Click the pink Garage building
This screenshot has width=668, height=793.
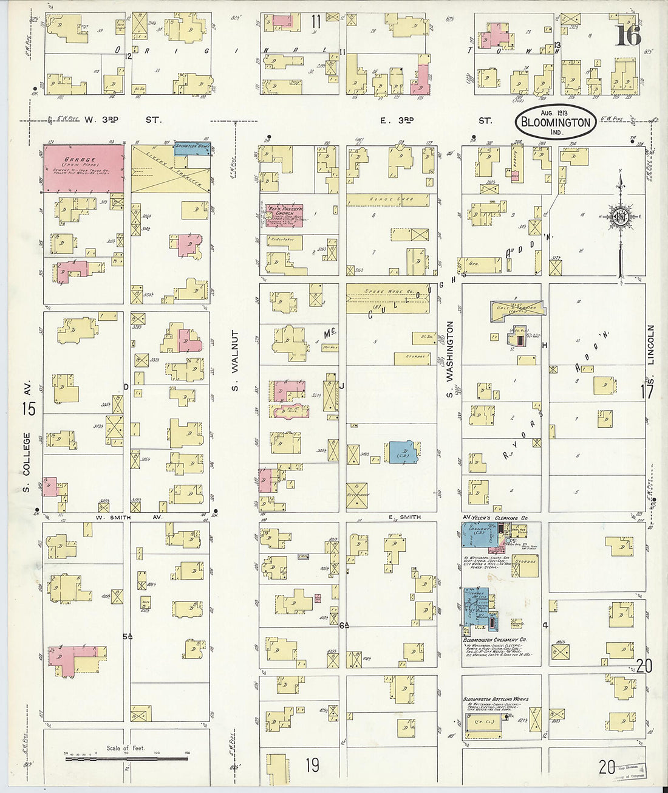click(83, 168)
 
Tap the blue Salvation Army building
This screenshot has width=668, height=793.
click(192, 148)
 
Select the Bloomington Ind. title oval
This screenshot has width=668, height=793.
click(554, 122)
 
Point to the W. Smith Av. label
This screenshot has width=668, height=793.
click(125, 518)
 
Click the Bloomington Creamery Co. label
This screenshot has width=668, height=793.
click(494, 640)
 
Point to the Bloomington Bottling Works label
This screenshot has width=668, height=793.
click(496, 699)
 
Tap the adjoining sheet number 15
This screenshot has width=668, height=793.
click(29, 409)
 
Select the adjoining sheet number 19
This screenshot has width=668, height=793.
click(312, 764)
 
